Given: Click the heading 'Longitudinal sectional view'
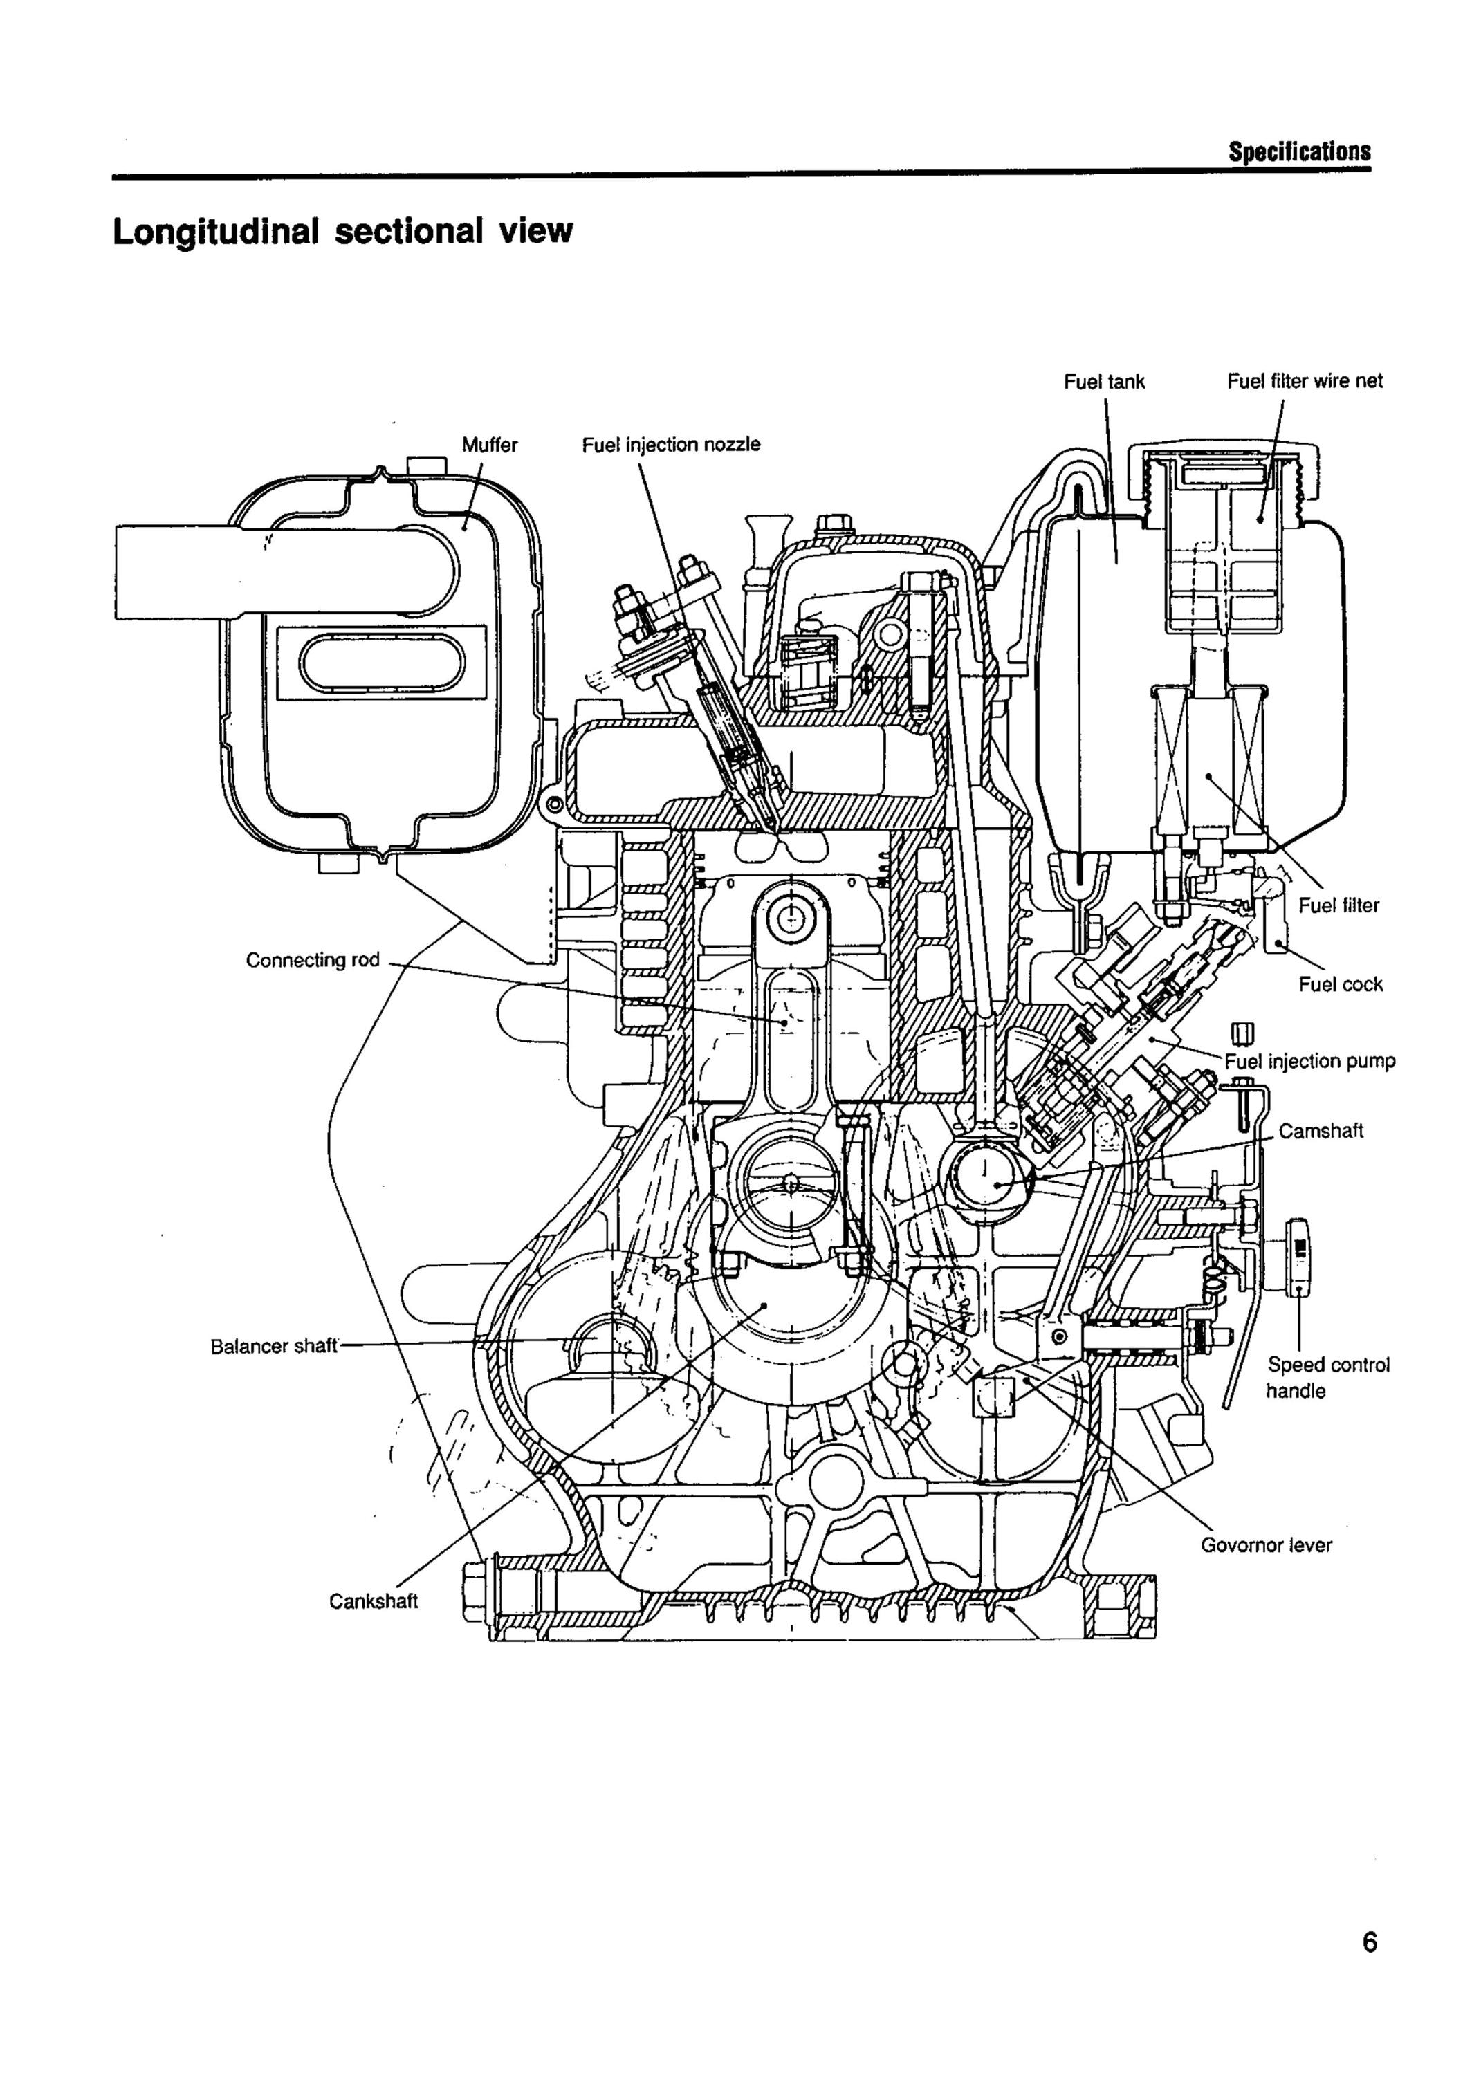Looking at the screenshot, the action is [x=342, y=231].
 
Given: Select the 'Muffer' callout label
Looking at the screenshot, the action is [x=489, y=445].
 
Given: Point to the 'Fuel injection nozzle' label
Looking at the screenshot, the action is [x=670, y=445].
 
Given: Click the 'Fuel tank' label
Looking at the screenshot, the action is [x=1103, y=381].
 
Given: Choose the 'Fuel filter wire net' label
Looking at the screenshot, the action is [x=1304, y=381].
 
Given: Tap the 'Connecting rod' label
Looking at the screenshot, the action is [x=313, y=960].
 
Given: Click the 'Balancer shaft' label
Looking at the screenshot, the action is [x=274, y=1347].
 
